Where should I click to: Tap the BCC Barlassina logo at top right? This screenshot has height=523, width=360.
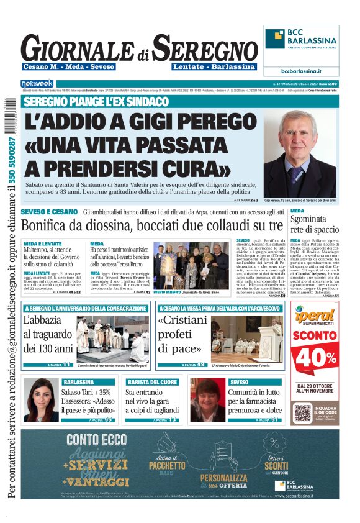pos(302,42)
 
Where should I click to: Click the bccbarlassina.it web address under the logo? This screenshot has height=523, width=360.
pos(302,71)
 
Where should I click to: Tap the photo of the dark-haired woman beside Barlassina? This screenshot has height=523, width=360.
pos(40,400)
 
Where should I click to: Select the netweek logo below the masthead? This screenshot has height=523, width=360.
pos(37,83)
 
